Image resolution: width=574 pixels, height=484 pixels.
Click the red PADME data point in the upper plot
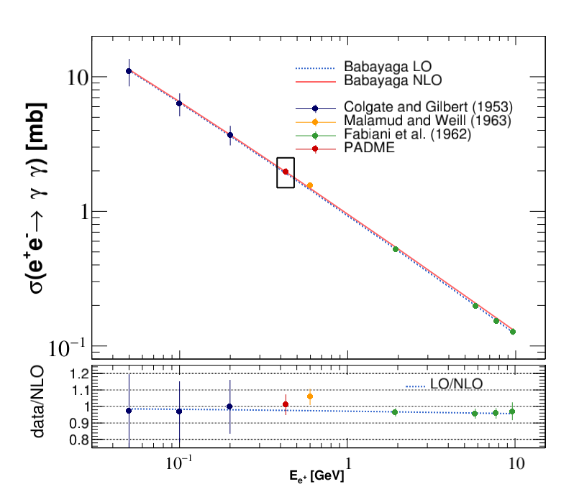click(x=286, y=172)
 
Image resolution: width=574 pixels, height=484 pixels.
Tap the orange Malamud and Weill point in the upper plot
click(x=310, y=185)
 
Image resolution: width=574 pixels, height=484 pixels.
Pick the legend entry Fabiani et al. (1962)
click(x=407, y=135)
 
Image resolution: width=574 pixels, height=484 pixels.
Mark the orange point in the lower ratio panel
click(x=310, y=396)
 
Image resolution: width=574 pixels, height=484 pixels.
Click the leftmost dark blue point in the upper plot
click(x=129, y=71)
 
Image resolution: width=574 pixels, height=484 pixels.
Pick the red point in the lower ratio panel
click(x=286, y=404)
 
